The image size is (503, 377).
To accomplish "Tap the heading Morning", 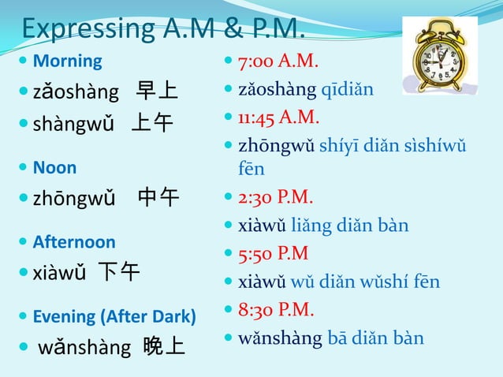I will [68, 61].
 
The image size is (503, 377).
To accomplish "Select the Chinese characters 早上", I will [156, 92].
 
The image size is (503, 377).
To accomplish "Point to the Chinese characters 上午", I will [152, 124].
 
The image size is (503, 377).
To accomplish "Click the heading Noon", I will [54, 167].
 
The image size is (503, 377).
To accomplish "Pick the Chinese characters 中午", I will [158, 197].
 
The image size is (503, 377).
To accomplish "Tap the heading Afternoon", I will [74, 242].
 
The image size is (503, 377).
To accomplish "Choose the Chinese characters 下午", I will [118, 273].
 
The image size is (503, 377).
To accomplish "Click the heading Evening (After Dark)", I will [114, 317].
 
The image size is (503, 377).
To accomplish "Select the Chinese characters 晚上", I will [164, 347].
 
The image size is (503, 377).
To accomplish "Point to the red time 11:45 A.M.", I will [282, 118].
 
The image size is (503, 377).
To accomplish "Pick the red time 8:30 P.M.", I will [276, 310].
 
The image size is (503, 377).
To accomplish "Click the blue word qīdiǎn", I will [347, 89].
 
